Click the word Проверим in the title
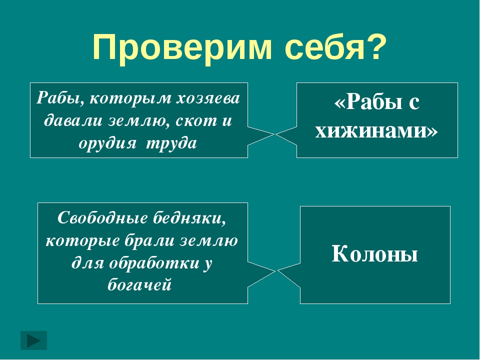pos(182,48)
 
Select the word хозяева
pos(208,98)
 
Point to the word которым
pos(131,98)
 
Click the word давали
pos(73,120)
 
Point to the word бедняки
pos(189,218)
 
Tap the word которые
pos(82,241)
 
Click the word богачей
pos(139,285)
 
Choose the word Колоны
pos(375,254)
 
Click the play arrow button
pos(33,340)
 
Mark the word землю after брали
pos(208,241)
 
